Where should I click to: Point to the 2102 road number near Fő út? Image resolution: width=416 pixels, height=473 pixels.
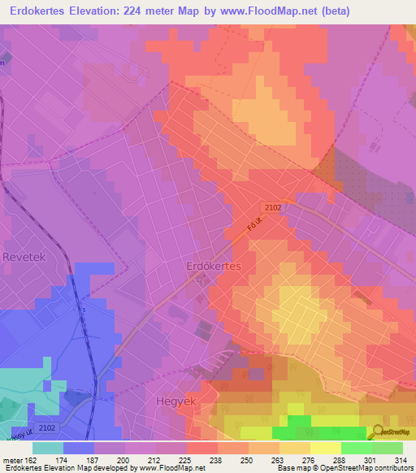(272, 208)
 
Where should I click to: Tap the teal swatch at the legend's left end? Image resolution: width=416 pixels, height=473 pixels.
(48, 448)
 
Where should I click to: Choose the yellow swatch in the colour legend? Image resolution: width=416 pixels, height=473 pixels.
(325, 448)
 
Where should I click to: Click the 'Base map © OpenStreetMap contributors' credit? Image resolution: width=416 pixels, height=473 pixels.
(344, 469)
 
